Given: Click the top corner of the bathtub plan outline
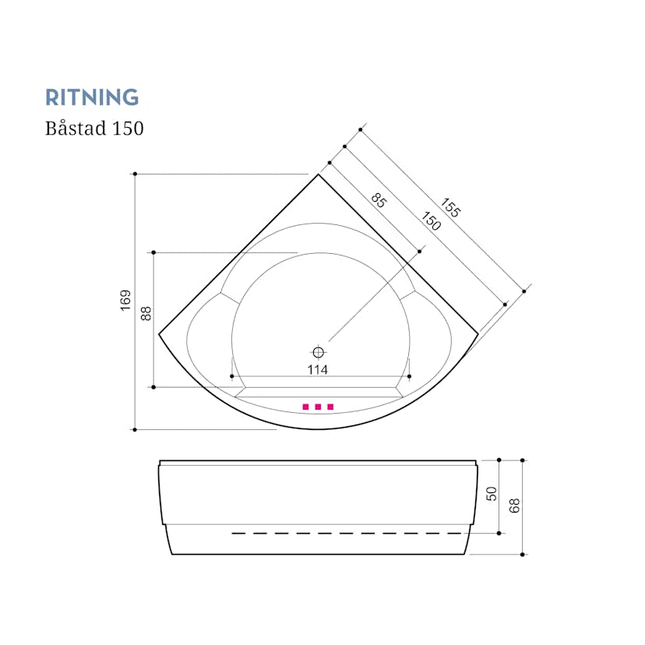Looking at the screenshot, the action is click(x=318, y=174).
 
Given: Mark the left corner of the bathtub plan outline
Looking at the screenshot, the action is click(x=159, y=334).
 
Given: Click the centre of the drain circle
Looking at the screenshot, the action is click(x=318, y=353).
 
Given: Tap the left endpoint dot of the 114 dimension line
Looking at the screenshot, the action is click(x=232, y=376).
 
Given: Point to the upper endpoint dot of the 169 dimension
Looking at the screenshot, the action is click(x=135, y=174).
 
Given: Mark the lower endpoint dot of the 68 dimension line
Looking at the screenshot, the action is click(x=523, y=555).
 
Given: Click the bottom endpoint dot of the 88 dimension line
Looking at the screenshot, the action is click(x=153, y=387).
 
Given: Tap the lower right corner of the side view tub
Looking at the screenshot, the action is click(x=464, y=555).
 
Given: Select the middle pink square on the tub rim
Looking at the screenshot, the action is click(x=318, y=407).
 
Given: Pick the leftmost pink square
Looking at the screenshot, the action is click(x=305, y=407).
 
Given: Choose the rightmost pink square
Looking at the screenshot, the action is click(x=330, y=407).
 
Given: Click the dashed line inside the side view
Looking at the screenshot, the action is click(x=347, y=534).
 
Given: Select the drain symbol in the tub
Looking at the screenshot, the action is click(x=318, y=353).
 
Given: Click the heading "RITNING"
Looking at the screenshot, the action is click(x=92, y=97).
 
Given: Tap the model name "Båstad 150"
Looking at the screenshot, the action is click(x=94, y=128).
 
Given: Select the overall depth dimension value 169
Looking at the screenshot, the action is click(x=125, y=300).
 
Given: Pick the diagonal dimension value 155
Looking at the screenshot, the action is click(x=450, y=207).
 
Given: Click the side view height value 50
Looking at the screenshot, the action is click(x=492, y=494).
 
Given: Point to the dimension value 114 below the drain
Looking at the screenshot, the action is click(x=318, y=370).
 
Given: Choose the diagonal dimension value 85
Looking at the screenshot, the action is click(x=379, y=200).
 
